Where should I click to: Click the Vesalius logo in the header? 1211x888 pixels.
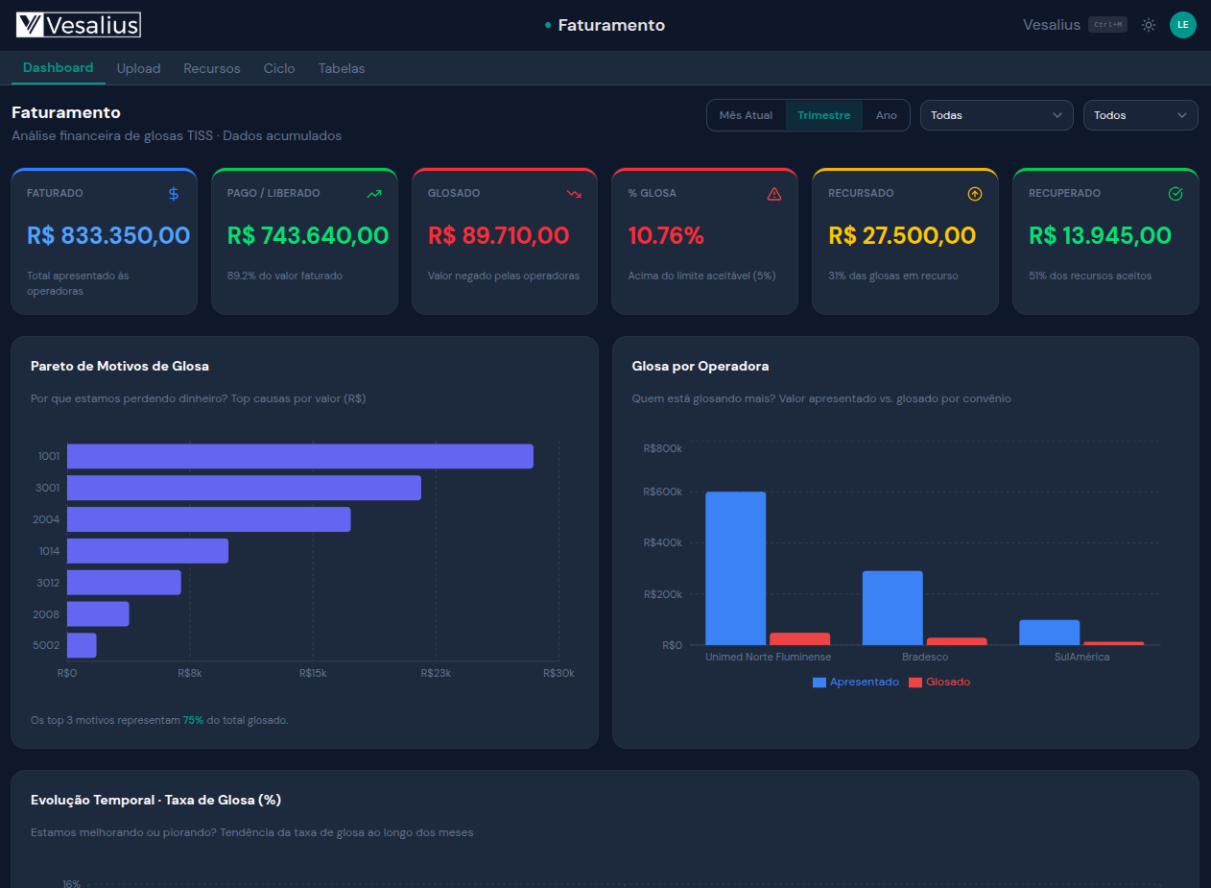[x=79, y=25]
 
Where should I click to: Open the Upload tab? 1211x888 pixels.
[x=138, y=68]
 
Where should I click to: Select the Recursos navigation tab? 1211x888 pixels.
[x=212, y=68]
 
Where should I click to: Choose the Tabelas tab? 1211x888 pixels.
[x=342, y=68]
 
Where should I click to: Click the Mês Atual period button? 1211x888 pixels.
[x=746, y=115]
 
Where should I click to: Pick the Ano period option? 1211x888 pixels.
[x=886, y=115]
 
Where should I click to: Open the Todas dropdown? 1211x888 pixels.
[x=996, y=115]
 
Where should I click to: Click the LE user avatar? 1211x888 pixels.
[x=1182, y=25]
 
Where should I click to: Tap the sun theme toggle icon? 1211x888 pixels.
[x=1148, y=25]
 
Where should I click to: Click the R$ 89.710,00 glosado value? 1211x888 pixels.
[x=498, y=235]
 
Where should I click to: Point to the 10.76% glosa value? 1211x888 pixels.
[x=666, y=235]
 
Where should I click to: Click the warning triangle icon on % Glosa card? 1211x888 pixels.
[x=774, y=194]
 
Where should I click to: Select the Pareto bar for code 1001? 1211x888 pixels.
[x=299, y=456]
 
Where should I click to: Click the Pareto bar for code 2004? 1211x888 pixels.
[x=208, y=519]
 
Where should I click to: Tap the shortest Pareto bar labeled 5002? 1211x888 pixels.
[x=82, y=645]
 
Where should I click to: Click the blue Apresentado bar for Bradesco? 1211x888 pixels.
[x=892, y=608]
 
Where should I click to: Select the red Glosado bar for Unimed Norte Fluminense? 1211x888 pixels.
[x=799, y=638]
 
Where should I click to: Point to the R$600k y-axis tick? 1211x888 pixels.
[x=662, y=492]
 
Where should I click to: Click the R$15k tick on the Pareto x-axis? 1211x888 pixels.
[x=313, y=673]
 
